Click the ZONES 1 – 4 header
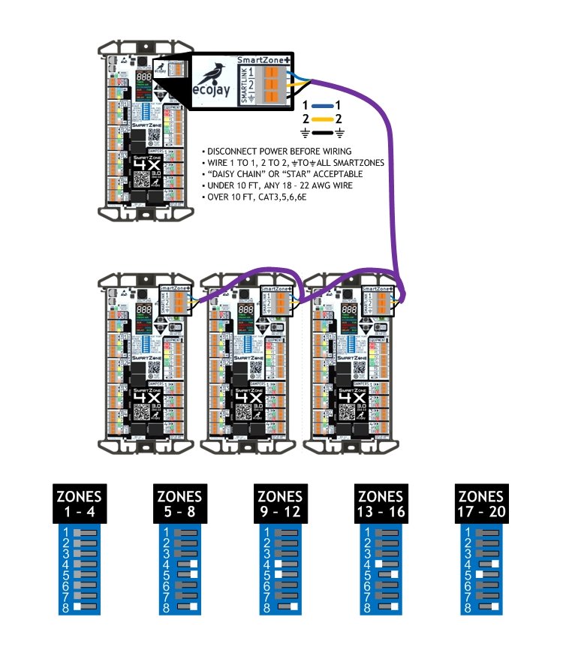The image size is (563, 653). point(80,504)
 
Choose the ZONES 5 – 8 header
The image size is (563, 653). point(179,504)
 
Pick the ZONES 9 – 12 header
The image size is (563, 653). point(280,504)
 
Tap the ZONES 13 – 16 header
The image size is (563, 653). point(381,504)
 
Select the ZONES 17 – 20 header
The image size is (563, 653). point(480,504)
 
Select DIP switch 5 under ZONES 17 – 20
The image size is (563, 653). point(488,574)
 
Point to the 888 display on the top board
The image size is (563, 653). point(145,77)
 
